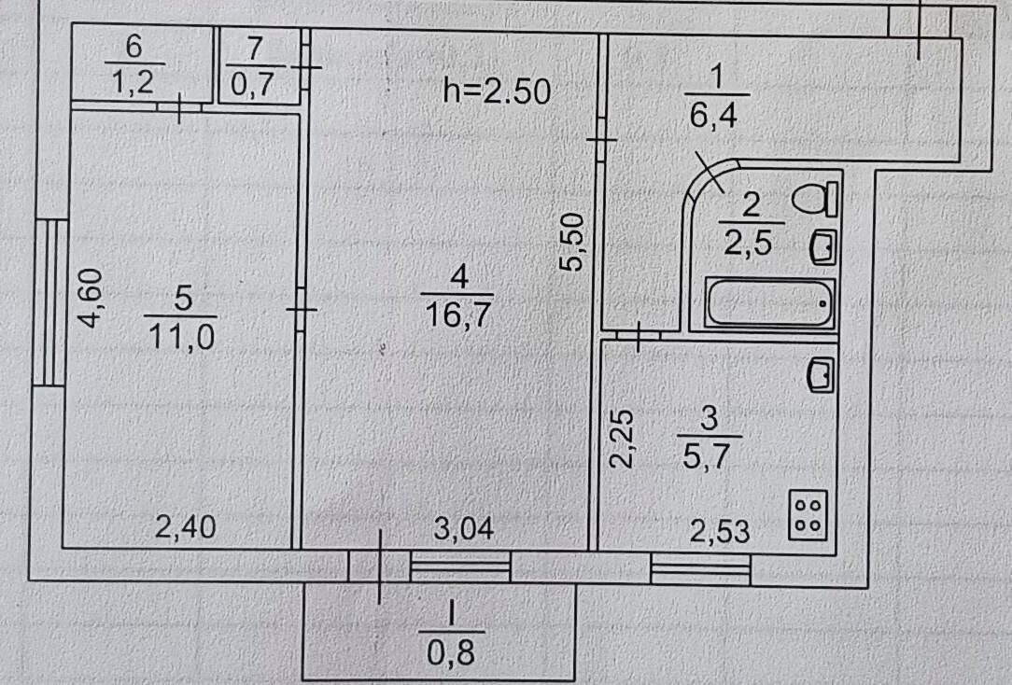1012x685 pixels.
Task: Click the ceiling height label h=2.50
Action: tap(497, 91)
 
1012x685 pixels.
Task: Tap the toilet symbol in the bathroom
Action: tap(815, 199)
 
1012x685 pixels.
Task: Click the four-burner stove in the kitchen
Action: tap(808, 514)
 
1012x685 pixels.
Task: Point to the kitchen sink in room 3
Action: tap(820, 375)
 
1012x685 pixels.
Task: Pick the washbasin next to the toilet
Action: tap(821, 246)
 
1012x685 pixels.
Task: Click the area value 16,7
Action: tap(457, 313)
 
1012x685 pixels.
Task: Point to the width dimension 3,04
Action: tap(464, 528)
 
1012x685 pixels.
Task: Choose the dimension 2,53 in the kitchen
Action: tap(720, 532)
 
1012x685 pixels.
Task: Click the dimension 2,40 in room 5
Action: tap(184, 528)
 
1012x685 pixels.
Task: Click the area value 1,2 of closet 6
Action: tap(135, 83)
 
